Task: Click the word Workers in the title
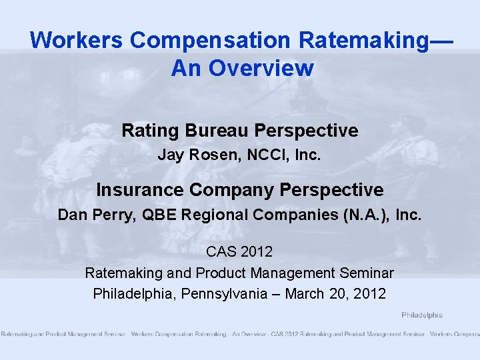point(77,40)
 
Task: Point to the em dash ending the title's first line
point(441,40)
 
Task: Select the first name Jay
point(169,156)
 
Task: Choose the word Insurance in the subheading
point(139,190)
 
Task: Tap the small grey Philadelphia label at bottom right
point(421,315)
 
